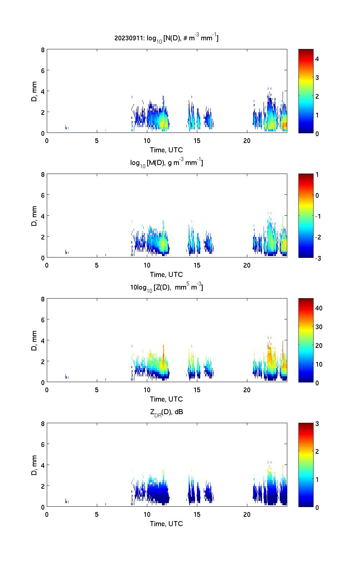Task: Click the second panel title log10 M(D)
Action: [166, 163]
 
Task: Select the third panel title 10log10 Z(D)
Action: [166, 287]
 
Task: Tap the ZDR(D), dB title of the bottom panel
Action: [166, 412]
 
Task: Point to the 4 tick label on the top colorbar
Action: [317, 59]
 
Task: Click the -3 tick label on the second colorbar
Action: [318, 258]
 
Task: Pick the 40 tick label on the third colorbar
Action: [319, 308]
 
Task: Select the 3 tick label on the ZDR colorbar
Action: [317, 424]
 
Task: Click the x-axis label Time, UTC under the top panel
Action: [166, 150]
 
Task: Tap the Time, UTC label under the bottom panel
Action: [166, 524]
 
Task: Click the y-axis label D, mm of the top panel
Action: [35, 91]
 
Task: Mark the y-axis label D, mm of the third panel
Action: [35, 340]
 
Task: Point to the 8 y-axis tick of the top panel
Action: [43, 50]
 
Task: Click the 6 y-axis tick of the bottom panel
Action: [43, 444]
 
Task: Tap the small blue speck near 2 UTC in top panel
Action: [66, 127]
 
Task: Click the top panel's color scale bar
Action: [306, 91]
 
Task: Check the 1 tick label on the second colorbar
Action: [317, 175]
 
